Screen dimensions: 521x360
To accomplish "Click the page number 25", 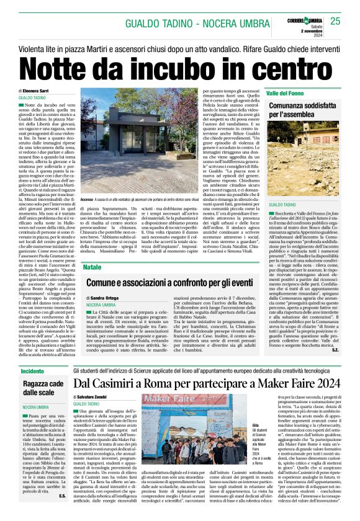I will [x=335, y=21].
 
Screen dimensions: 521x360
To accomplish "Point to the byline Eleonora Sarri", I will [x=39, y=91].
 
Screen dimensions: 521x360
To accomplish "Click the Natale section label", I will [x=92, y=267].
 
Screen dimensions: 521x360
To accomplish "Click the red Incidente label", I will [x=33, y=371].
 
